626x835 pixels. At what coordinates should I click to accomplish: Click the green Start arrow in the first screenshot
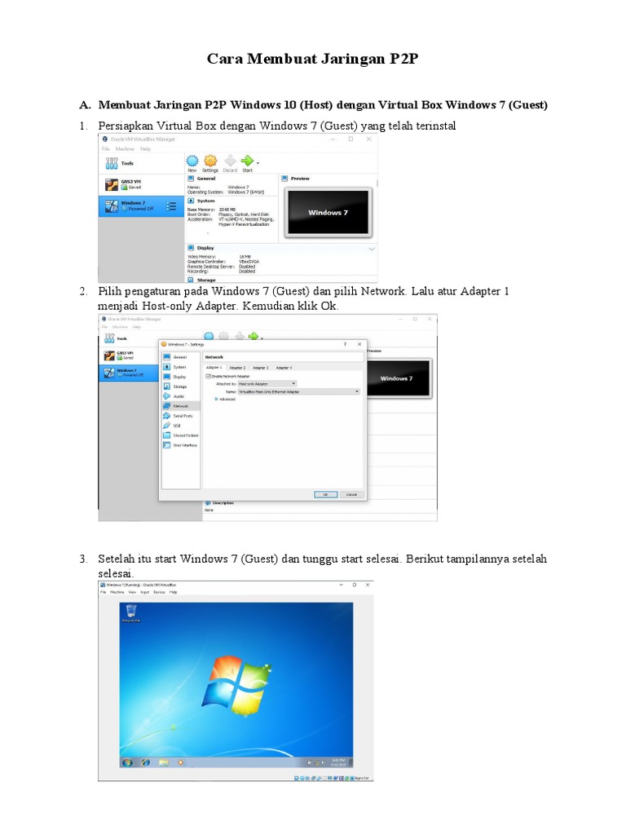click(x=247, y=161)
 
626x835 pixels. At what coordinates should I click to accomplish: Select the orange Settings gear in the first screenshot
click(x=210, y=161)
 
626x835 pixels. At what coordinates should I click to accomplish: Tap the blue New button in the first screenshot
click(x=192, y=161)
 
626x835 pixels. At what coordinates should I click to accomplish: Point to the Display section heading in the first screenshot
click(x=205, y=248)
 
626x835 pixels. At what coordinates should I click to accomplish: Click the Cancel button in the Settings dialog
click(x=351, y=494)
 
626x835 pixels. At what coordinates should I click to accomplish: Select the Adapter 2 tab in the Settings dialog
click(x=237, y=368)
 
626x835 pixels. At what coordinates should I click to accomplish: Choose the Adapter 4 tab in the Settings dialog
click(x=284, y=368)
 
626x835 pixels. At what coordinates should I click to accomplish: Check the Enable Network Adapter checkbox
click(x=209, y=376)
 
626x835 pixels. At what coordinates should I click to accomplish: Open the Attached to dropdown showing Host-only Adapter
click(x=267, y=383)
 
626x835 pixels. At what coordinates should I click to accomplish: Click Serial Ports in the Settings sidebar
click(x=182, y=416)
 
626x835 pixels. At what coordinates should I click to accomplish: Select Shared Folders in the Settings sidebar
click(x=184, y=435)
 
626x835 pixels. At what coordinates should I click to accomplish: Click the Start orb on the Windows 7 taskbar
click(x=127, y=762)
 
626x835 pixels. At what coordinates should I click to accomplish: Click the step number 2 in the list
click(x=83, y=292)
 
